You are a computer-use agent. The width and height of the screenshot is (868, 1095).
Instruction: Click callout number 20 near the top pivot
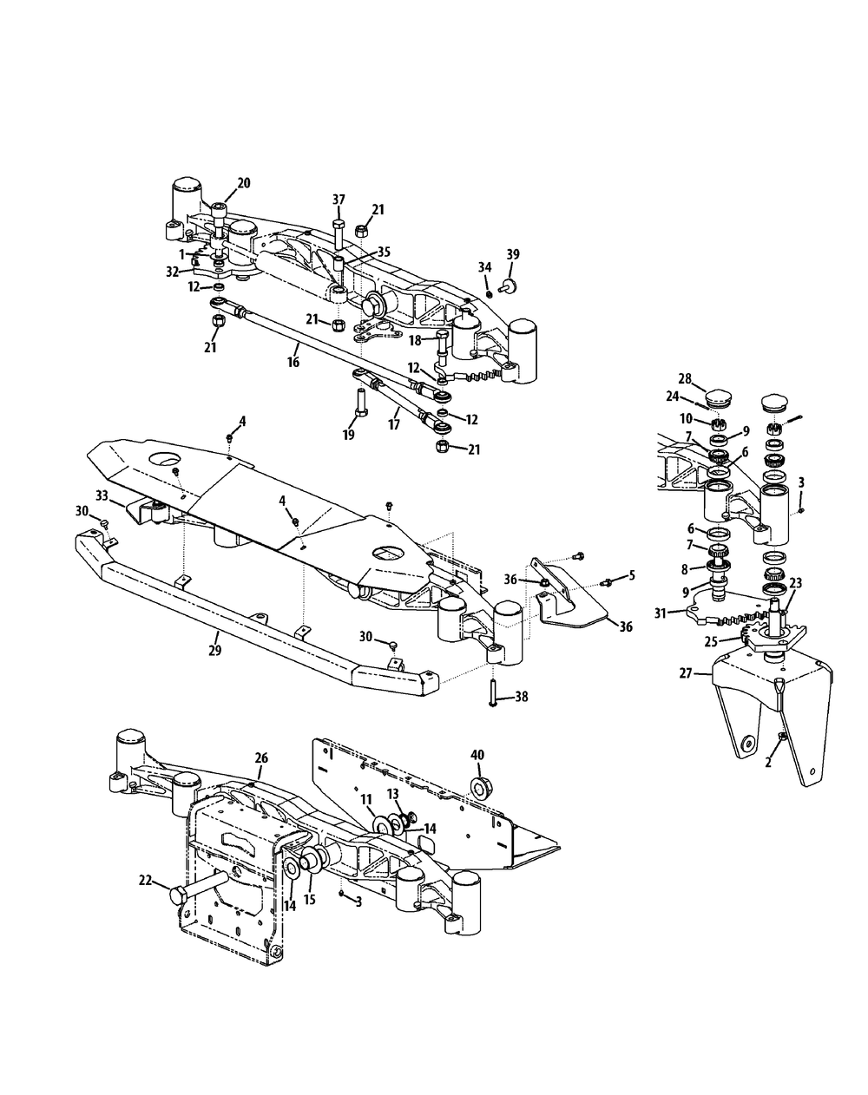(x=243, y=182)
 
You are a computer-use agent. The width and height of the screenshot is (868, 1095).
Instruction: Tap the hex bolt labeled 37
(x=339, y=230)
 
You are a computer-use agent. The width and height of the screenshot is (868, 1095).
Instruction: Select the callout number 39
(x=513, y=254)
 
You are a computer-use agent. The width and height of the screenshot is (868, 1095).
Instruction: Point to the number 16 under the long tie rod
(x=293, y=361)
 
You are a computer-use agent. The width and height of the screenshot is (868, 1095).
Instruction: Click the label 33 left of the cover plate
(x=102, y=495)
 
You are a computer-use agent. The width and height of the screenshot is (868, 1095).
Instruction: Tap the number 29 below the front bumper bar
(x=215, y=648)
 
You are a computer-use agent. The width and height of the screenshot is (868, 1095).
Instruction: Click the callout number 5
(x=631, y=574)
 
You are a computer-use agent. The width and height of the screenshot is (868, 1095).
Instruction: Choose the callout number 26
(x=260, y=757)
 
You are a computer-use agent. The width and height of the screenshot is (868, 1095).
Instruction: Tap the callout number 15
(x=310, y=900)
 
